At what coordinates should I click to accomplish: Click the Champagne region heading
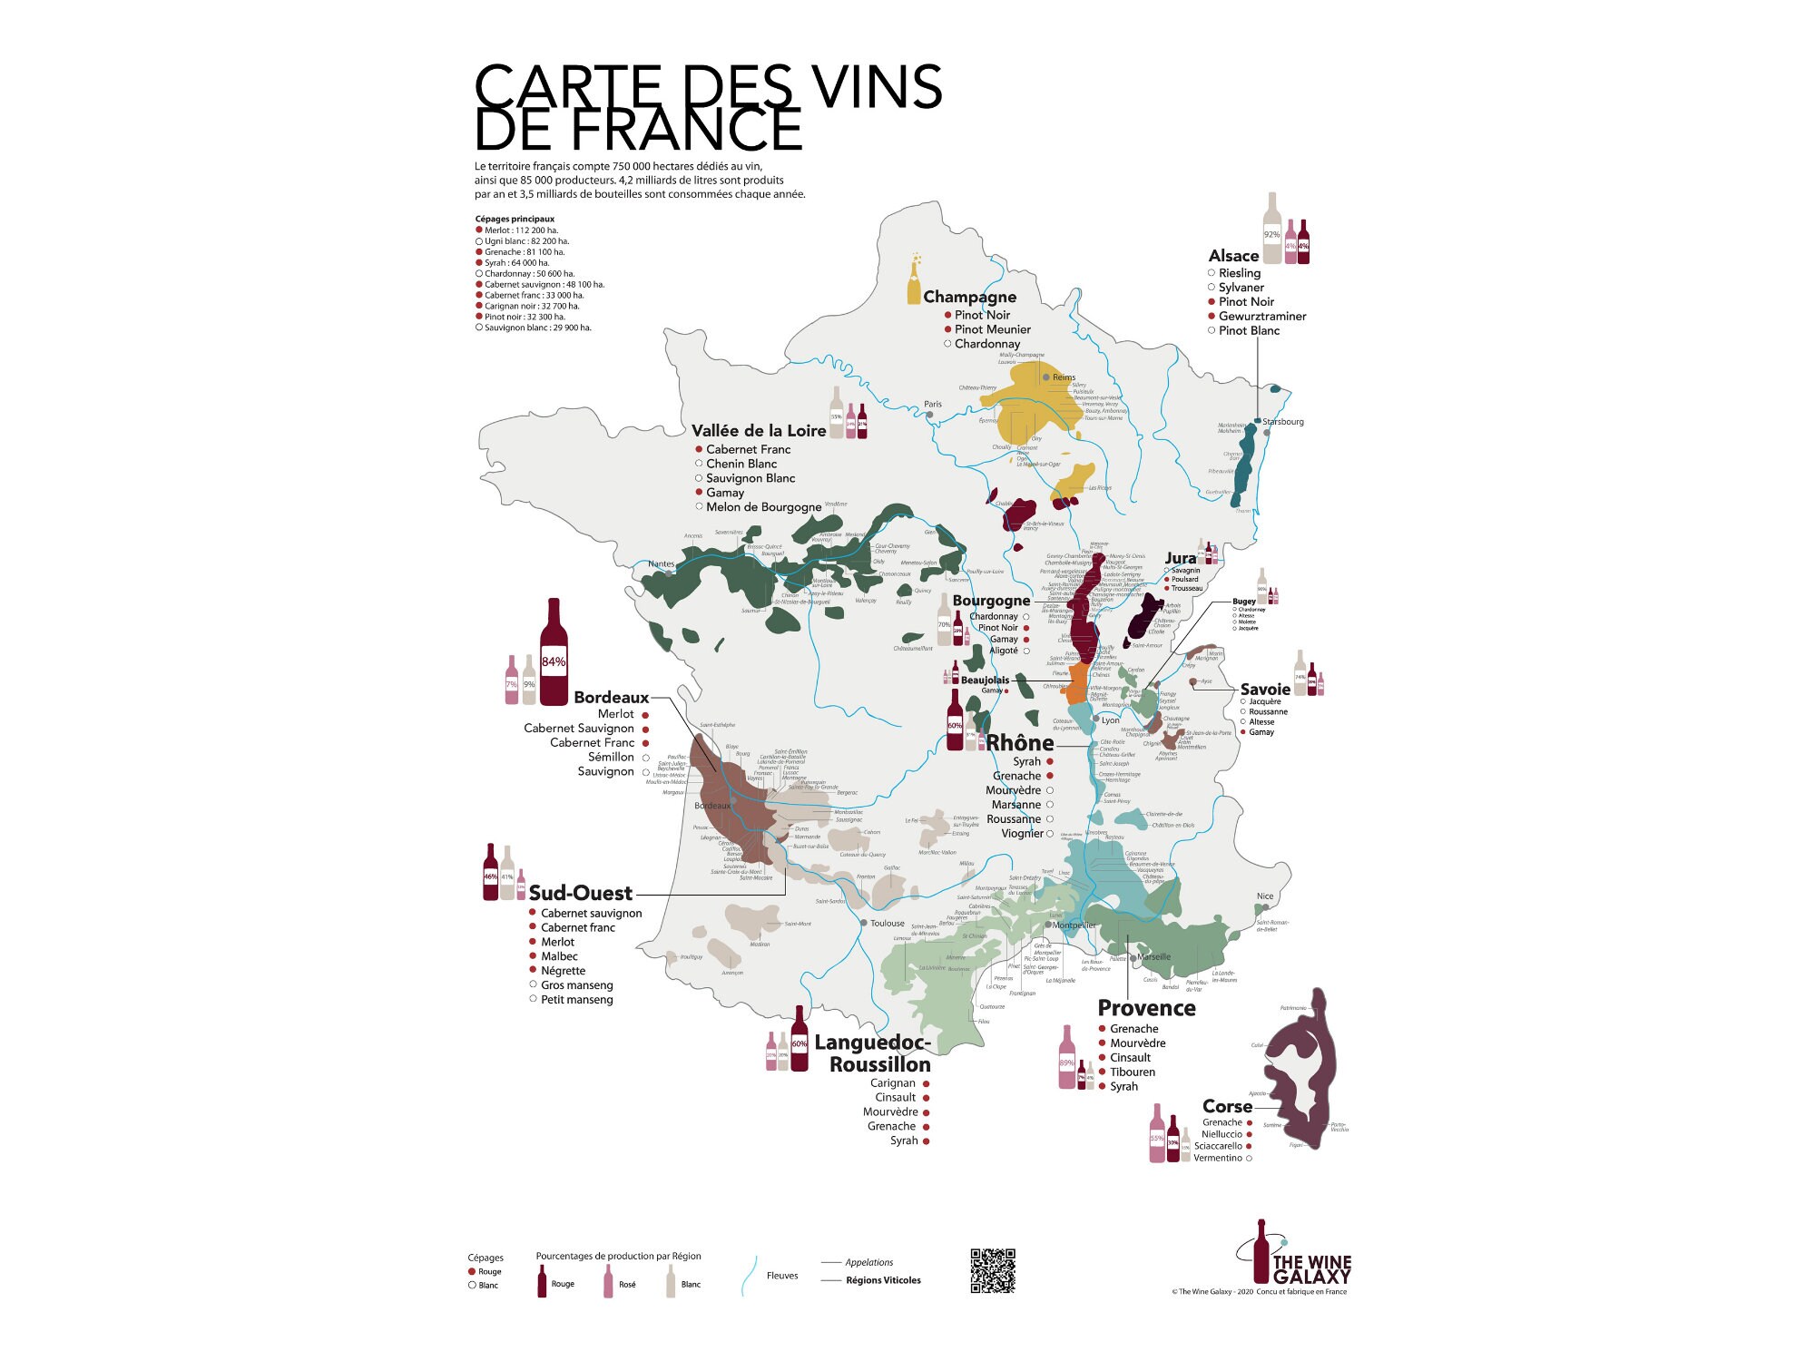click(x=969, y=297)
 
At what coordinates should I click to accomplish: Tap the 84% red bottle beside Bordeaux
click(x=554, y=653)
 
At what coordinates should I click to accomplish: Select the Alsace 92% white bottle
click(x=1272, y=230)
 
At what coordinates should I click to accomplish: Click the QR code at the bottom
click(x=993, y=1270)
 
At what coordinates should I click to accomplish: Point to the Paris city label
click(x=933, y=405)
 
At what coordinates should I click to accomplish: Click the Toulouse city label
click(x=887, y=924)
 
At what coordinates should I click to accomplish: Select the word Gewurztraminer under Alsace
click(x=1261, y=317)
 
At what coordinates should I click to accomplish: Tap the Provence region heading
click(x=1146, y=1008)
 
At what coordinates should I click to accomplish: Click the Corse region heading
click(x=1227, y=1106)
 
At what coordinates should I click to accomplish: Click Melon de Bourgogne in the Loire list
click(x=763, y=507)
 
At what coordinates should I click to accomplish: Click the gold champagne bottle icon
click(x=914, y=280)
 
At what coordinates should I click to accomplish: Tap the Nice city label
click(x=1265, y=896)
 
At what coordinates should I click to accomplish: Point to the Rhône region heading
click(x=1020, y=743)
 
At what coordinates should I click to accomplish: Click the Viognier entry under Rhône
click(x=1022, y=834)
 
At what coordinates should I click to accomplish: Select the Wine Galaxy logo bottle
click(x=1261, y=1252)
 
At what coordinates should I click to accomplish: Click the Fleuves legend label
click(x=782, y=1276)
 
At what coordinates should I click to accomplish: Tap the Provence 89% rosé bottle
click(x=1067, y=1059)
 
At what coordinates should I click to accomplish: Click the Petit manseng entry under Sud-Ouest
click(x=576, y=1000)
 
